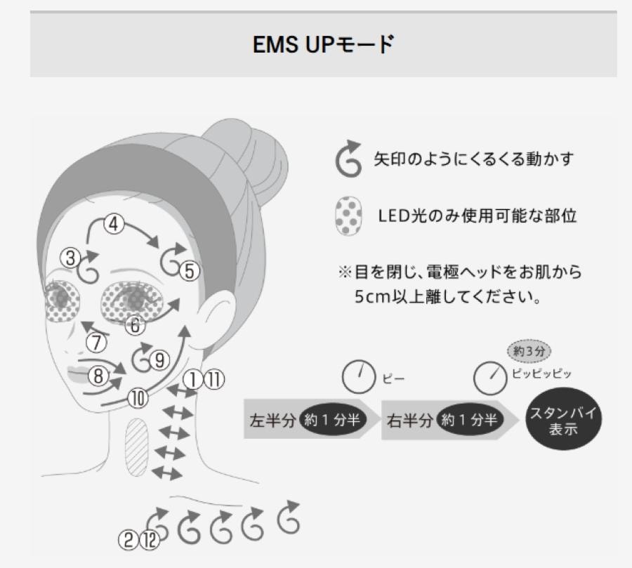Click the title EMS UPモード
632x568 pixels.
pyautogui.click(x=323, y=46)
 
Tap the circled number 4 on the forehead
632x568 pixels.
pyautogui.click(x=114, y=225)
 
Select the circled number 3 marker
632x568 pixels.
pyautogui.click(x=70, y=258)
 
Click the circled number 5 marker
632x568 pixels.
pyautogui.click(x=189, y=270)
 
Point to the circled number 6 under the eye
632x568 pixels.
pyautogui.click(x=136, y=325)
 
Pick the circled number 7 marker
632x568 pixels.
pyautogui.click(x=96, y=343)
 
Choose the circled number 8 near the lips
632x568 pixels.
pyautogui.click(x=99, y=376)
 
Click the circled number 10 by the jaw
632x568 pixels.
pyautogui.click(x=138, y=399)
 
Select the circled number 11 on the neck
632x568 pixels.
pyautogui.click(x=213, y=380)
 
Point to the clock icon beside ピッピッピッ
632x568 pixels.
pyautogui.click(x=489, y=378)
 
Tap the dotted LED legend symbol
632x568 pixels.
pyautogui.click(x=349, y=216)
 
